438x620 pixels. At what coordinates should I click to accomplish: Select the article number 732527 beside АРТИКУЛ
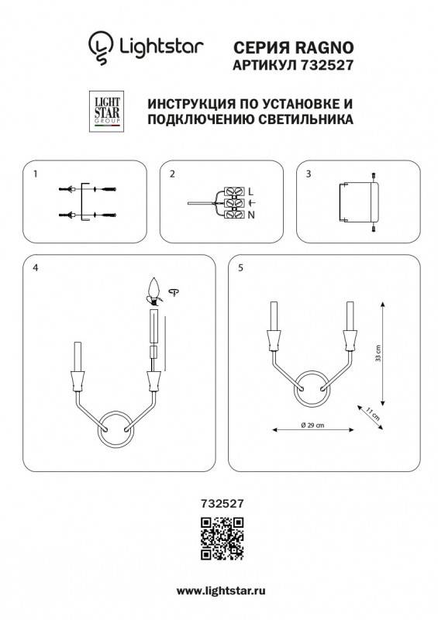pos(326,67)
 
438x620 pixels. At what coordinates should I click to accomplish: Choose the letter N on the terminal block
pos(250,214)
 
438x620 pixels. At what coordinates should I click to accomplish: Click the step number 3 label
pos(309,174)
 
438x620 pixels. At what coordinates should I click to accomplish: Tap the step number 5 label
pos(241,267)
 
